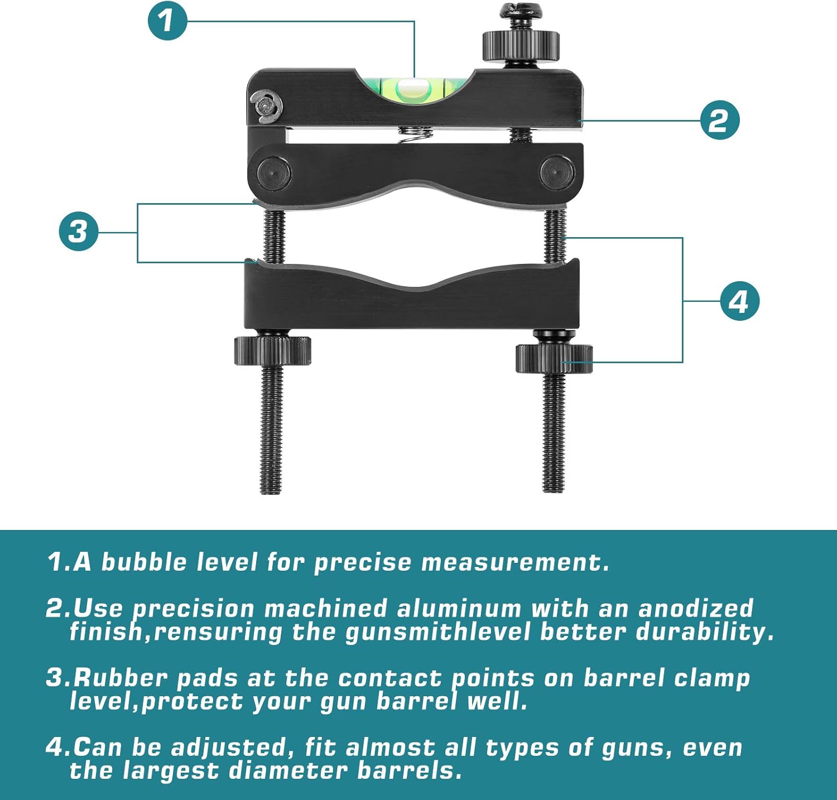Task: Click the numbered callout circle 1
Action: pos(167,21)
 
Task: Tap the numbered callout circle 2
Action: pos(720,120)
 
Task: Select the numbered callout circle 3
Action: pos(79,231)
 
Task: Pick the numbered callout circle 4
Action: pos(739,301)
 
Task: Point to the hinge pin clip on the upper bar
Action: pos(266,107)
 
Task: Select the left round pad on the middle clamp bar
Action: pos(274,174)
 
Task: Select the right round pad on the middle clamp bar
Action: pos(556,172)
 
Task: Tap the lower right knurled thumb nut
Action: pos(554,359)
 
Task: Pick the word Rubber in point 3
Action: pos(120,678)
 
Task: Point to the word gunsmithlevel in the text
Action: pos(438,632)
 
